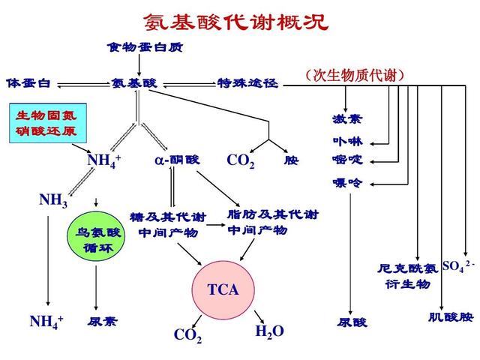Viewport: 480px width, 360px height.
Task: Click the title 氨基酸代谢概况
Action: click(x=235, y=21)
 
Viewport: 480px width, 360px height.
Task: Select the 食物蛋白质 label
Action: click(x=145, y=48)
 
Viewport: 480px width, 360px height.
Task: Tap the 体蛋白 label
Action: click(x=28, y=82)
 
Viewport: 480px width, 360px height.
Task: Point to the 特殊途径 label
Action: click(x=247, y=82)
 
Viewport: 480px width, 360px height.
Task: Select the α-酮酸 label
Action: click(x=177, y=160)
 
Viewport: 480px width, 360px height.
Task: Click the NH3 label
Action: click(x=53, y=200)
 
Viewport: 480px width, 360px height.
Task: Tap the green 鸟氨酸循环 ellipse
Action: click(x=98, y=239)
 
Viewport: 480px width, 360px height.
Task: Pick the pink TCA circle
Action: click(x=223, y=289)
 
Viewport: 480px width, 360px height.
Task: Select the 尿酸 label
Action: click(x=352, y=322)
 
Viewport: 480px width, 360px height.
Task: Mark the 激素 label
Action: click(x=346, y=119)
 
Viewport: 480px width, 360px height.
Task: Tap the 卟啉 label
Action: click(x=346, y=140)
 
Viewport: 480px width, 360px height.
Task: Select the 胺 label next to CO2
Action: click(x=291, y=160)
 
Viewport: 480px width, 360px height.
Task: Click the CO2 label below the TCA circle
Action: click(x=187, y=335)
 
